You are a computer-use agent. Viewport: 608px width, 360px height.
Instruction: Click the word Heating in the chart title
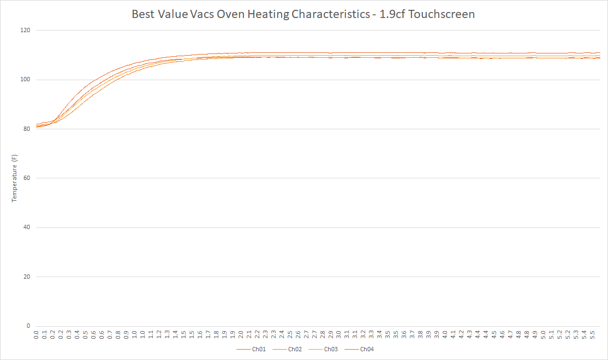[268, 14]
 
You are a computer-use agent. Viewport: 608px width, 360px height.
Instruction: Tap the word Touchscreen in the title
[442, 14]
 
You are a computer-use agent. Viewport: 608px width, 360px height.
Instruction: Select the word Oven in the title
[231, 14]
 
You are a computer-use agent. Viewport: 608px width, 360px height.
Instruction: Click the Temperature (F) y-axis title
[15, 178]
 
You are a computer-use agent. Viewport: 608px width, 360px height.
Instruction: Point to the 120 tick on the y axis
[25, 31]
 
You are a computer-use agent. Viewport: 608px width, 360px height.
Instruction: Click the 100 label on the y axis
[25, 80]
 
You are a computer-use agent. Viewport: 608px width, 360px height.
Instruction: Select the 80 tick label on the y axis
[27, 129]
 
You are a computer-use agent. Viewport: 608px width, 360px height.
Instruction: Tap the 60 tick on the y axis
[27, 178]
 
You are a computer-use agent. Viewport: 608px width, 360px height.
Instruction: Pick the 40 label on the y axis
[27, 227]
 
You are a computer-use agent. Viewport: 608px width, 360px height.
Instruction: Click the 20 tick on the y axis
[27, 277]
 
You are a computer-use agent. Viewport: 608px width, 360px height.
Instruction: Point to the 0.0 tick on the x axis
[37, 334]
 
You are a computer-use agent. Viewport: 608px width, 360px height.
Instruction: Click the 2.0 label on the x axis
[241, 334]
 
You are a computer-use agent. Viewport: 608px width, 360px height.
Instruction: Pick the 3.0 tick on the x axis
[338, 334]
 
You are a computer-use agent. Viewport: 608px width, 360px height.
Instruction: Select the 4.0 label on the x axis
[445, 334]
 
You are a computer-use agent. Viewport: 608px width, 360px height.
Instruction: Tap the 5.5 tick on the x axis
[592, 334]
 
